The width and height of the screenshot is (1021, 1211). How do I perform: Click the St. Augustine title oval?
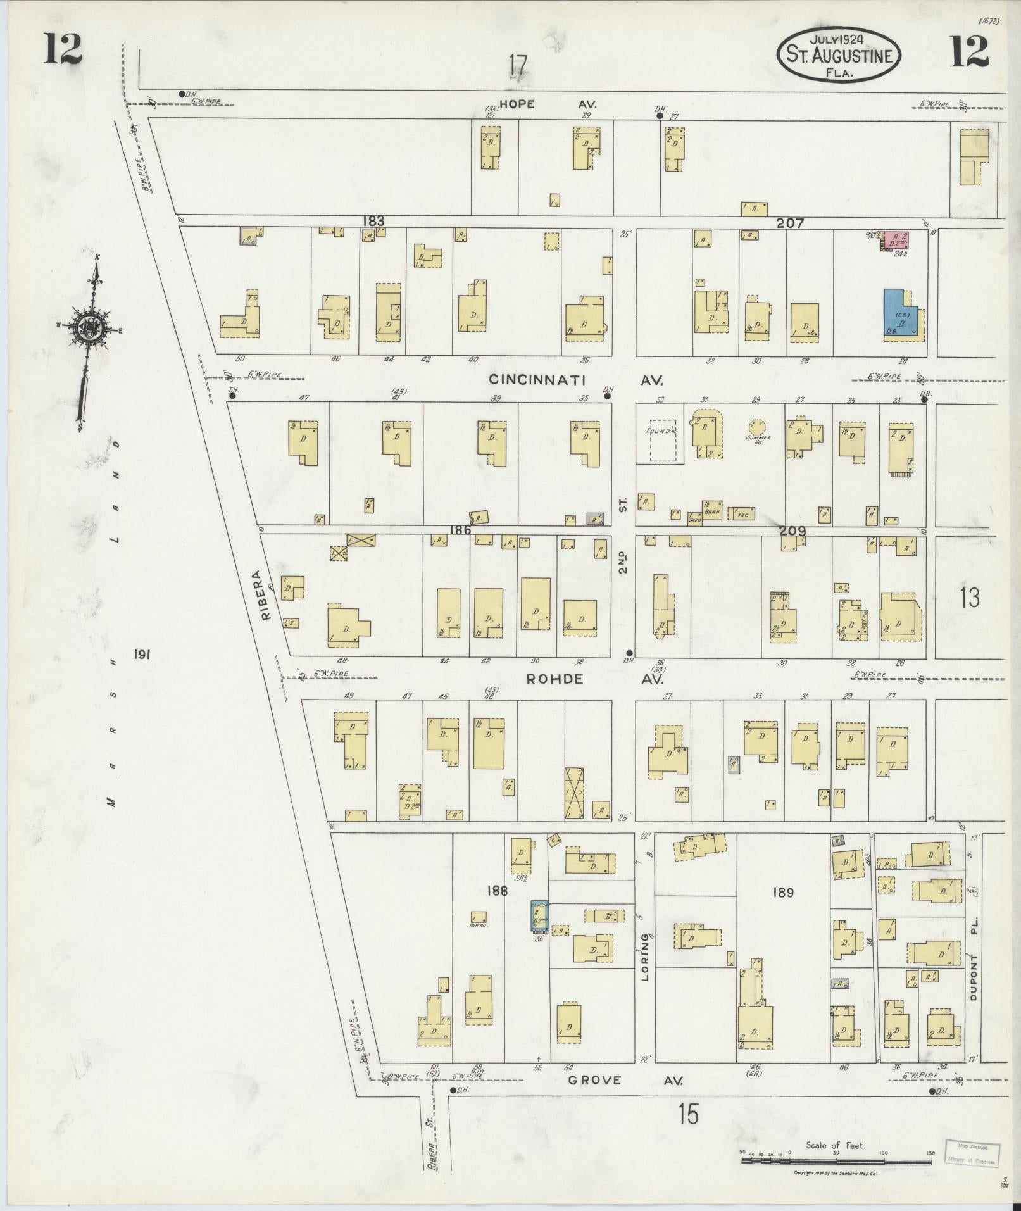click(x=839, y=54)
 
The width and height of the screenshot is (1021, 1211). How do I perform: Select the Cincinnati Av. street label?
click(x=576, y=380)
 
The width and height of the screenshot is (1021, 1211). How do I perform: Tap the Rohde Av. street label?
click(x=594, y=679)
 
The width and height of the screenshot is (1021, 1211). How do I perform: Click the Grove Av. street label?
click(x=624, y=1080)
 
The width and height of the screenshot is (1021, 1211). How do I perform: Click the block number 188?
click(x=498, y=891)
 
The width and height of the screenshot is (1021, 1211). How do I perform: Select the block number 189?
click(x=782, y=893)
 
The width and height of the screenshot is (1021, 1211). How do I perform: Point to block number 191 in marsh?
click(x=141, y=656)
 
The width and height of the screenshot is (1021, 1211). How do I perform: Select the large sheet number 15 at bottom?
click(x=688, y=1114)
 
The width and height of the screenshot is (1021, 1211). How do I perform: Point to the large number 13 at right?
click(x=969, y=598)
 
